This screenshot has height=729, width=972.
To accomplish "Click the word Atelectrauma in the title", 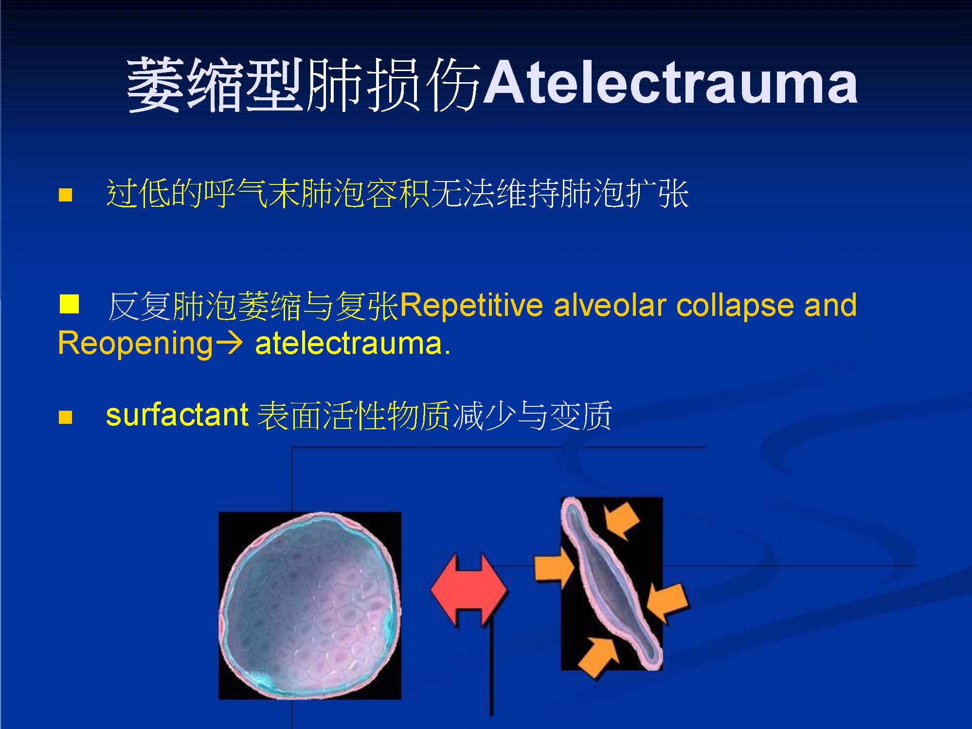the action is (670, 84).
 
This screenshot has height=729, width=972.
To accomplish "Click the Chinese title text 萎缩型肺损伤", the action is (304, 85).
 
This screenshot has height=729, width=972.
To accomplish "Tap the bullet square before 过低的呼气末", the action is (65, 195).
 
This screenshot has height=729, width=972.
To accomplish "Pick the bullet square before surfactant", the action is (65, 417).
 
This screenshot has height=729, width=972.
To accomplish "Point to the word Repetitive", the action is (471, 305).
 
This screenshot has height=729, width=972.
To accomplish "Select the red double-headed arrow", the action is (469, 589).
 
